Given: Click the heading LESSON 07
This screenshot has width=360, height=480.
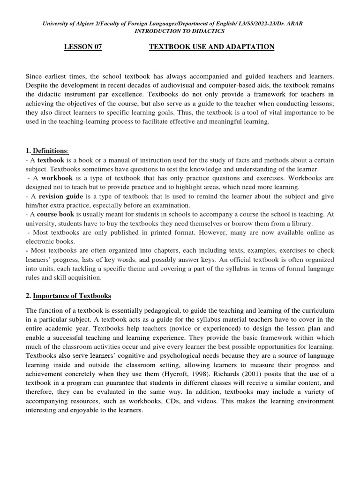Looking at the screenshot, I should pyautogui.click(x=82, y=47).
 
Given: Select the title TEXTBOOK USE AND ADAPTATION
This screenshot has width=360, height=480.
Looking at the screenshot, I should pyautogui.click(x=211, y=47).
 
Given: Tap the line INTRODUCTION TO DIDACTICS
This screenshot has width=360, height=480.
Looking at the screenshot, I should pyautogui.click(x=180, y=31).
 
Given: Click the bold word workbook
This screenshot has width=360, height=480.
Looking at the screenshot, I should pyautogui.click(x=57, y=178).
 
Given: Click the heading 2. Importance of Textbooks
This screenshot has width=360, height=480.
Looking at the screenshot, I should pyautogui.click(x=68, y=296).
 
